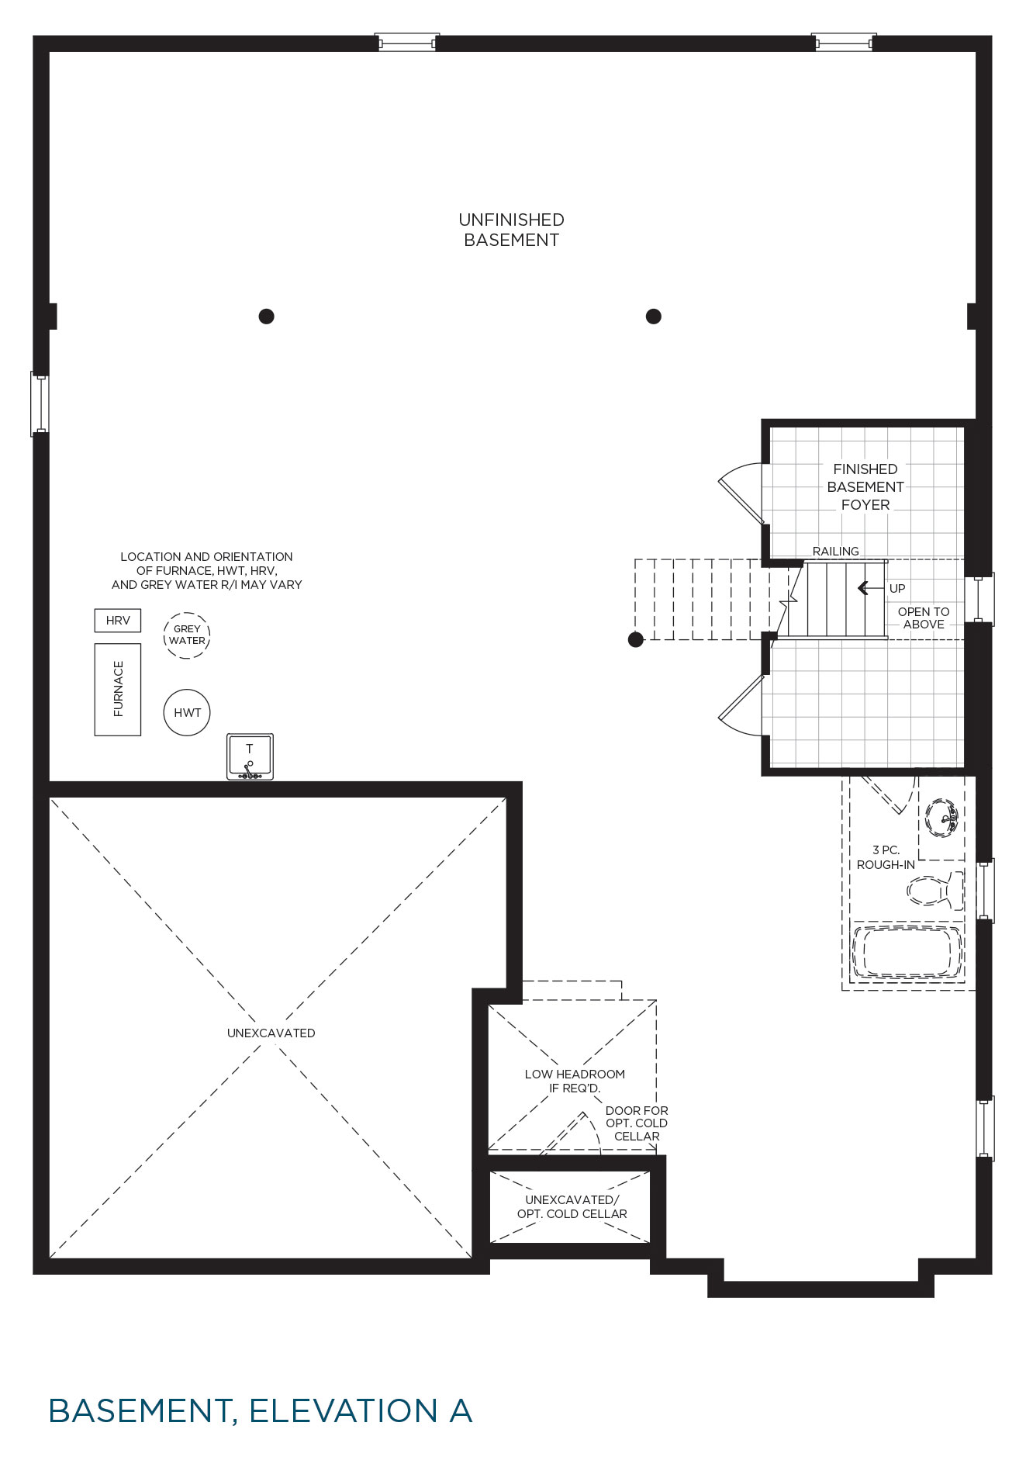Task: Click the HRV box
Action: [x=118, y=621]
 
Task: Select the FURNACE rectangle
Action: [x=118, y=689]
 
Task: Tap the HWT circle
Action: [x=187, y=712]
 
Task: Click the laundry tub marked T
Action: [x=250, y=756]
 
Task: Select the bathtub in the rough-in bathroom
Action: [x=907, y=952]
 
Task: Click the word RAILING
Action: [x=835, y=551]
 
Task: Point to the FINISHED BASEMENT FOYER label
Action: [x=865, y=486]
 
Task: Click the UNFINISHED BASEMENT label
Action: [x=511, y=230]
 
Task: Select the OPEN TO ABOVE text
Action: [x=924, y=618]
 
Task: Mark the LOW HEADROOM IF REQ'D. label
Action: [x=575, y=1081]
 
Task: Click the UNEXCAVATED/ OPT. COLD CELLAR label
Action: [x=572, y=1206]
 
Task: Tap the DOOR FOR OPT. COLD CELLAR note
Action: [x=637, y=1123]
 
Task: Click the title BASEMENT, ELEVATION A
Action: [x=261, y=1411]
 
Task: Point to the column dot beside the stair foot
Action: [x=636, y=639]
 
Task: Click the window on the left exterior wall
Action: [x=40, y=403]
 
